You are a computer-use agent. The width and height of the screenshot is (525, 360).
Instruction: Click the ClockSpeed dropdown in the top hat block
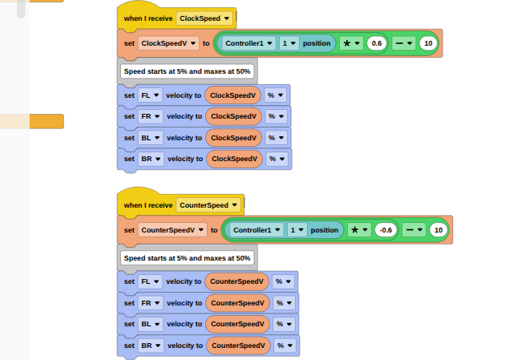(204, 18)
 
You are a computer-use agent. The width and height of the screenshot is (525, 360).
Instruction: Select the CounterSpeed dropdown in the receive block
(208, 205)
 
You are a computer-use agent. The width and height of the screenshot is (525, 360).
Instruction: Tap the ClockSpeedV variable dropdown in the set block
(168, 43)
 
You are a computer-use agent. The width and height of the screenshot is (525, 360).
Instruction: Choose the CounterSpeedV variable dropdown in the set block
(172, 230)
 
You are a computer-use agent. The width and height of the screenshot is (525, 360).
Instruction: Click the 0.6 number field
(377, 43)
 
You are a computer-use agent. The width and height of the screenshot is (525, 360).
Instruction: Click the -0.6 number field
(386, 230)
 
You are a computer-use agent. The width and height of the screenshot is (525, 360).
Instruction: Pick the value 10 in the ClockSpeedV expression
(428, 43)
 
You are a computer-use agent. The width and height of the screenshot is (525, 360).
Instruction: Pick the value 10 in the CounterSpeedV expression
(438, 230)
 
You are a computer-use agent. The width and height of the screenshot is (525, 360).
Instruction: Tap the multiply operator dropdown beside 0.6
(351, 43)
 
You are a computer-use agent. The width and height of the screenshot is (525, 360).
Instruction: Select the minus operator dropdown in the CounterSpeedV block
(414, 230)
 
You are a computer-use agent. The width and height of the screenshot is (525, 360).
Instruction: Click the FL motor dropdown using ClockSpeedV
(150, 95)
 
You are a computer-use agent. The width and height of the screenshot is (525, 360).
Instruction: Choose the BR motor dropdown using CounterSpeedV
(151, 346)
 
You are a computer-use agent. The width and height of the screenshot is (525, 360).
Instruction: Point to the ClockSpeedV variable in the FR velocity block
(233, 116)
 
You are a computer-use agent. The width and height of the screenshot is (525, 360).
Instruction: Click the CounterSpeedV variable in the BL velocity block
(237, 324)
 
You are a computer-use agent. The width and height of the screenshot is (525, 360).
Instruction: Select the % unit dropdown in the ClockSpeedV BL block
(277, 138)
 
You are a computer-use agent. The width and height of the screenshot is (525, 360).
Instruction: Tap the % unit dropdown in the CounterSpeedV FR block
(285, 303)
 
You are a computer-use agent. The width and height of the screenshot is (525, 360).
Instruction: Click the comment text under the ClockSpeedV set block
(188, 71)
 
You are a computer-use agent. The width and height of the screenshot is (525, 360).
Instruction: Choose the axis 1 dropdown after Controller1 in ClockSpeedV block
(289, 43)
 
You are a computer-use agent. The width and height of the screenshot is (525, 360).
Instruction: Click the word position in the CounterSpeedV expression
(325, 230)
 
